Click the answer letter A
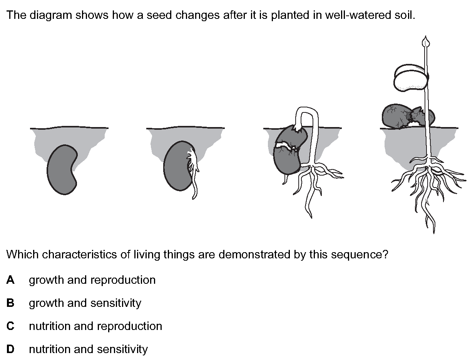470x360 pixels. pyautogui.click(x=10, y=280)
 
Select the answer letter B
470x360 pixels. pyautogui.click(x=10, y=303)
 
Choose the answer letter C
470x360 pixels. pyautogui.click(x=10, y=326)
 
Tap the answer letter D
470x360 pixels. pyautogui.click(x=10, y=349)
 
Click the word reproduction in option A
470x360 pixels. pyautogui.click(x=123, y=280)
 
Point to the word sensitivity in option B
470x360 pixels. pyautogui.click(x=116, y=303)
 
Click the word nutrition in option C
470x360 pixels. pyautogui.click(x=50, y=326)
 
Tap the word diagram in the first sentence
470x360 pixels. pyautogui.click(x=50, y=15)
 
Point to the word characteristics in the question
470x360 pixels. pyautogui.click(x=79, y=255)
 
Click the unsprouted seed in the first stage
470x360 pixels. pyautogui.click(x=62, y=170)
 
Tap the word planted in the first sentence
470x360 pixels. pyautogui.click(x=289, y=15)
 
